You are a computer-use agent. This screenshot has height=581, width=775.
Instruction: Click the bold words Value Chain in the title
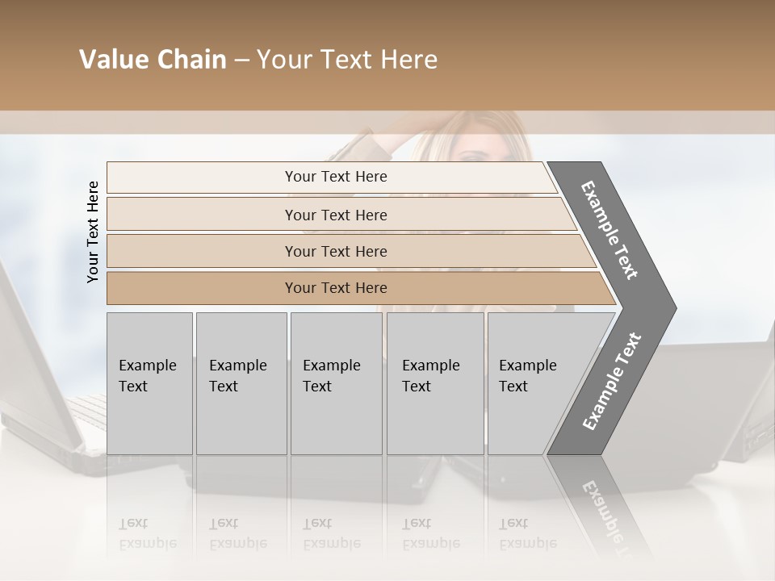(153, 60)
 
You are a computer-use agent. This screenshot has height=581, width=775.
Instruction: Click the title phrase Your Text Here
(347, 60)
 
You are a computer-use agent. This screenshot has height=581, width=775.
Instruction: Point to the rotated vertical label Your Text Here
(93, 232)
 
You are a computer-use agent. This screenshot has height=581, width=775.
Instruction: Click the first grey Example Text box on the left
(149, 383)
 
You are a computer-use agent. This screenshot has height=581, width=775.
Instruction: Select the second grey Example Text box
(241, 383)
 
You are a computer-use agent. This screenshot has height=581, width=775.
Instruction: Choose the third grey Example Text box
(336, 383)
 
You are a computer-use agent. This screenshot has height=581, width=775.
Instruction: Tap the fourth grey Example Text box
(434, 383)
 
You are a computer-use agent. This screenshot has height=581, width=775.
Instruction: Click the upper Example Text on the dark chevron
(610, 230)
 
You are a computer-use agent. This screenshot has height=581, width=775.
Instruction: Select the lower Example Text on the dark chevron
(611, 381)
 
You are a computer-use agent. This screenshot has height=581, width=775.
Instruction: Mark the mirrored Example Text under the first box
(148, 533)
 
